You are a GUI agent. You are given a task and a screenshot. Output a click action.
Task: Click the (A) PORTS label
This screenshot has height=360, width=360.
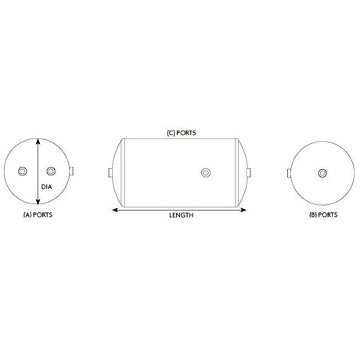38,214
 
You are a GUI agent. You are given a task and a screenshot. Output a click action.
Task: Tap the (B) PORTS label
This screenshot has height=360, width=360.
323,214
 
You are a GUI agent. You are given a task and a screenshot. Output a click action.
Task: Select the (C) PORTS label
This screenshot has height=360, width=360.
182,133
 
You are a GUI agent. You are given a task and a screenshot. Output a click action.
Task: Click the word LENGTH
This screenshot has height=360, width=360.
182,215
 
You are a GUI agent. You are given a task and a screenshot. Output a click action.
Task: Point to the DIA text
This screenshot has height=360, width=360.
46,187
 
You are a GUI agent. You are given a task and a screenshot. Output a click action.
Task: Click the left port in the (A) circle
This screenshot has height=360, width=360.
23,171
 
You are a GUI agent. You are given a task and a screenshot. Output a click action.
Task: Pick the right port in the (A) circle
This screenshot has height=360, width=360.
51,171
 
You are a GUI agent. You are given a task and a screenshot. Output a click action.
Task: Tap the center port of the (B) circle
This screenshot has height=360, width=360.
322,173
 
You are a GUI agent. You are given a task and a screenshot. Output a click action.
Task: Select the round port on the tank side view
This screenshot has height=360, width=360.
206,172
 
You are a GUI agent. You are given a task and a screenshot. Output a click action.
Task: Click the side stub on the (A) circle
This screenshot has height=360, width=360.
71,171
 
